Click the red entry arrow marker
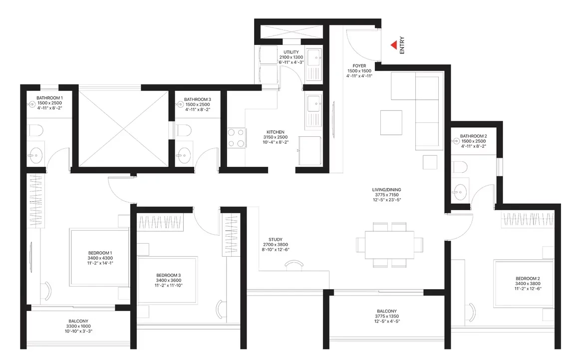pyautogui.click(x=394, y=45)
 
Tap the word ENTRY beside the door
pyautogui.click(x=402, y=45)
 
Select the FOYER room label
pyautogui.click(x=359, y=66)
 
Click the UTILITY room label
pyautogui.click(x=291, y=52)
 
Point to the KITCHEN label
pyautogui.click(x=276, y=132)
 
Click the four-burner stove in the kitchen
pyautogui.click(x=236, y=138)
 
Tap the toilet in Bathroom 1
pyautogui.click(x=36, y=130)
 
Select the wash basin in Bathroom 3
pyautogui.click(x=183, y=155)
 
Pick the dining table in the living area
pyautogui.click(x=389, y=245)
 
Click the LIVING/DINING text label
pyautogui.click(x=387, y=190)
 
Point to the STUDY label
pyautogui.click(x=276, y=239)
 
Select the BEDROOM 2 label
pyautogui.click(x=528, y=279)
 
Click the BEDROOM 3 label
pyautogui.click(x=168, y=275)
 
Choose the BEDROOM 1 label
pyautogui.click(x=100, y=253)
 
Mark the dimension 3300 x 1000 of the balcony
pyautogui.click(x=78, y=326)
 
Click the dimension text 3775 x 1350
pyautogui.click(x=387, y=316)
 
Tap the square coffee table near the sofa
pyautogui.click(x=391, y=123)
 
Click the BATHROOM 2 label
pyautogui.click(x=473, y=136)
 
